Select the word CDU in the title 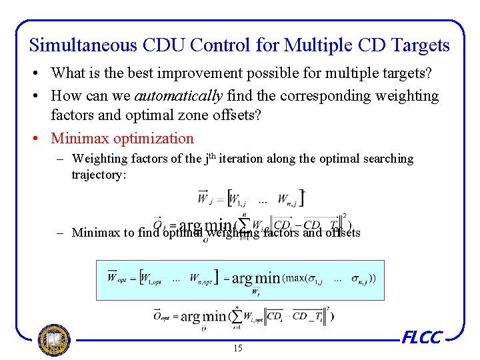(161, 45)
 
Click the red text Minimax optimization (122, 139)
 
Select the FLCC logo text (421, 338)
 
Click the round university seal (54, 340)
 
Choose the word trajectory (99, 175)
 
